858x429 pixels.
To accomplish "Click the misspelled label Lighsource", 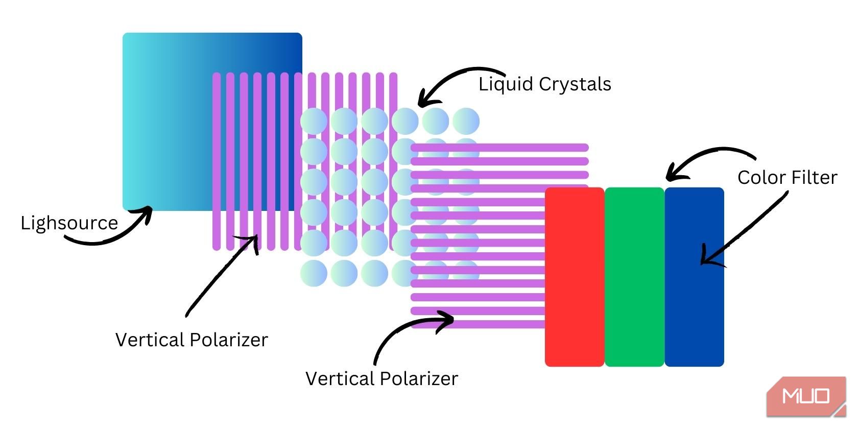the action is pyautogui.click(x=69, y=223).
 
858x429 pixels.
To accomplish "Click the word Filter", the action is pyautogui.click(x=814, y=178).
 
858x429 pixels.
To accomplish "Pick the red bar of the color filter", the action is pyautogui.click(x=575, y=277).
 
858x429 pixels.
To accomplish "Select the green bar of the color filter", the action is pyautogui.click(x=634, y=277).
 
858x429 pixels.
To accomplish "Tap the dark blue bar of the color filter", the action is pyautogui.click(x=694, y=277).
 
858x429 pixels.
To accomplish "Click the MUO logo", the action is pyautogui.click(x=806, y=396).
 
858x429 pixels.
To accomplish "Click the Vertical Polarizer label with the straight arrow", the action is pyautogui.click(x=192, y=340).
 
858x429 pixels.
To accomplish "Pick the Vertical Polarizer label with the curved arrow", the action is pyautogui.click(x=382, y=379).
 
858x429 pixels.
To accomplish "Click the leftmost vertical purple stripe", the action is pyautogui.click(x=217, y=161).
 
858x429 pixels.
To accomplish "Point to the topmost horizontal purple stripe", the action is pyautogui.click(x=499, y=148).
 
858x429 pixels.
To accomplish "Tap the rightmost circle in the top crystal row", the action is pyautogui.click(x=466, y=121).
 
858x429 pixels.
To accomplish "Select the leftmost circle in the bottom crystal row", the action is pyautogui.click(x=314, y=273).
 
